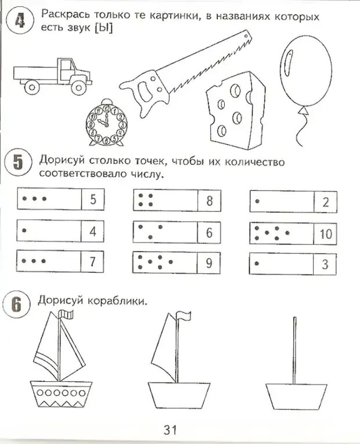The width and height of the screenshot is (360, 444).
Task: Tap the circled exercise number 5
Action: (x=19, y=163)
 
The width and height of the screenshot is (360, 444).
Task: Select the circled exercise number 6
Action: (x=18, y=304)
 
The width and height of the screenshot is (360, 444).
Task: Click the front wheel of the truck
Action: (x=77, y=88)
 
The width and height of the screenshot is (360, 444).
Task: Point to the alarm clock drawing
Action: (x=106, y=125)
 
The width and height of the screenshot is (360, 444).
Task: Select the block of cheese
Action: (x=232, y=110)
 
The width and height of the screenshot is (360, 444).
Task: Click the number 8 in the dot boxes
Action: (x=209, y=201)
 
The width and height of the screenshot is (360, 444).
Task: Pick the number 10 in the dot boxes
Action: (x=326, y=233)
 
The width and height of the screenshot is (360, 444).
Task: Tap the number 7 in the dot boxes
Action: (x=92, y=262)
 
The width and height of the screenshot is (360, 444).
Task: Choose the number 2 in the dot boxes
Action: (x=325, y=202)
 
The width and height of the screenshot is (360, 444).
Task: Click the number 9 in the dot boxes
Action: (x=209, y=263)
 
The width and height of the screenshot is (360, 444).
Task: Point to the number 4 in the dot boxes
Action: (x=92, y=231)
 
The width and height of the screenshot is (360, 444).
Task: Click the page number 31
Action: (x=169, y=429)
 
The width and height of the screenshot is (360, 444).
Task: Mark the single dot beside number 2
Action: (x=257, y=201)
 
